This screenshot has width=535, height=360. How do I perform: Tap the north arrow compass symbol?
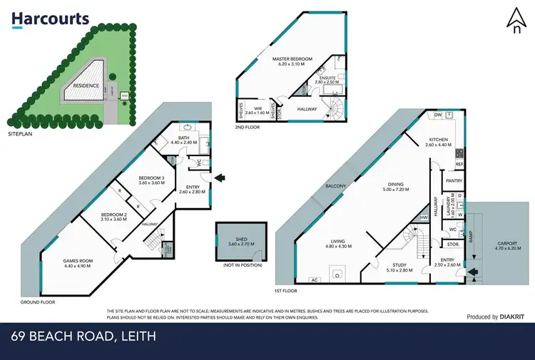tap(516, 21)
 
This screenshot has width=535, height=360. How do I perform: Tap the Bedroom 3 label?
tap(151, 180)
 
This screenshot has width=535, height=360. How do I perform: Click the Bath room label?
tap(183, 140)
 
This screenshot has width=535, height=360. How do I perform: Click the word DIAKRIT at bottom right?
tap(512, 317)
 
